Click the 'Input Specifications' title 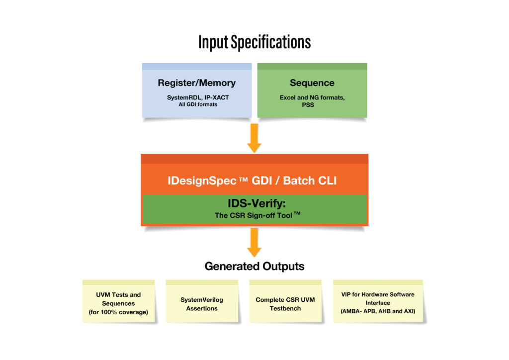pyautogui.click(x=254, y=42)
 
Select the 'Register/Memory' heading pyautogui.click(x=197, y=83)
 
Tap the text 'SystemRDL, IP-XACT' pyautogui.click(x=198, y=97)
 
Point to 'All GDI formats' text pyautogui.click(x=198, y=104)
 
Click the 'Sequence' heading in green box pyautogui.click(x=312, y=83)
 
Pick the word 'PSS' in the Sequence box pyautogui.click(x=308, y=105)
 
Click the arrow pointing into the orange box pyautogui.click(x=254, y=138)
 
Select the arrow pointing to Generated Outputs pyautogui.click(x=254, y=243)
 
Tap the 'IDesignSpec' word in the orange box pyautogui.click(x=202, y=181)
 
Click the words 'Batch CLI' pyautogui.click(x=310, y=180)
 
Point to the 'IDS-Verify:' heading pyautogui.click(x=257, y=203)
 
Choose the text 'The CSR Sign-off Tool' pyautogui.click(x=254, y=215)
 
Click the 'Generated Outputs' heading pyautogui.click(x=254, y=266)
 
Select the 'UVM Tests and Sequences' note pyautogui.click(x=118, y=301)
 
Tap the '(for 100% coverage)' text pyautogui.click(x=118, y=312)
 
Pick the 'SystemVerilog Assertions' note pyautogui.click(x=202, y=301)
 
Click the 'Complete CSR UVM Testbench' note pyautogui.click(x=285, y=301)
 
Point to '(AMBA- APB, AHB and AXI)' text pyautogui.click(x=378, y=311)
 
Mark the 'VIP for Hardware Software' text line pyautogui.click(x=378, y=294)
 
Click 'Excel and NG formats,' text pyautogui.click(x=312, y=97)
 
